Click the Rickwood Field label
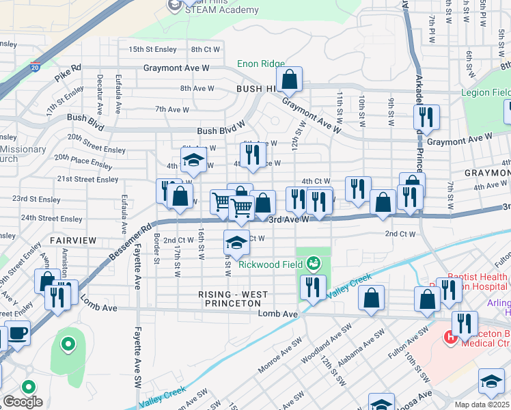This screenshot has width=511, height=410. coord(270,263)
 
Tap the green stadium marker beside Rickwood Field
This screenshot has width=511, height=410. coord(313,262)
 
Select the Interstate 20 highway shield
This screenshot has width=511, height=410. coord(36,66)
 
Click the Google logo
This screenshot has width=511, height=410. coord(23,402)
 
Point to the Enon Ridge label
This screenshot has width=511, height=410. coord(261,64)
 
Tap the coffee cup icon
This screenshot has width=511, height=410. coord(17,333)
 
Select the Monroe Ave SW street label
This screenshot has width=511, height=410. coord(280,355)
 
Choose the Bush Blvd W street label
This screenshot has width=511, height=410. coord(221,131)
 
